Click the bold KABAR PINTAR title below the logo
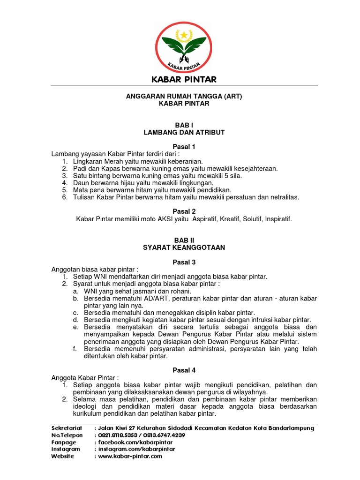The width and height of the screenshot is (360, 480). coord(184,79)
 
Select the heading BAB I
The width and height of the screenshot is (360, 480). coord(184,125)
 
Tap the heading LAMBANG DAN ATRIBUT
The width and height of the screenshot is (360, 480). coord(184,133)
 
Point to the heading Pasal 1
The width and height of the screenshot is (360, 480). coord(184,147)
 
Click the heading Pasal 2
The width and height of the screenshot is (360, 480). coord(184,211)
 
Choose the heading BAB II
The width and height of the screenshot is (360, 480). coord(184,240)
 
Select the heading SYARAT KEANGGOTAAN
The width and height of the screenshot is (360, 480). coord(184,247)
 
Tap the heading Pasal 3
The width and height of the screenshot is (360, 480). coord(184,262)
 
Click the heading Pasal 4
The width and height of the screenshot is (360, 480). coord(184,370)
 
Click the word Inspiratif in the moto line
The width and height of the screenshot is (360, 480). coord(278,219)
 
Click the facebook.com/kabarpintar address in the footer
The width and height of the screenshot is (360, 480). coord(135,442)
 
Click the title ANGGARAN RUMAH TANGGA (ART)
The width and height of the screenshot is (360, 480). coord(184,97)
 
